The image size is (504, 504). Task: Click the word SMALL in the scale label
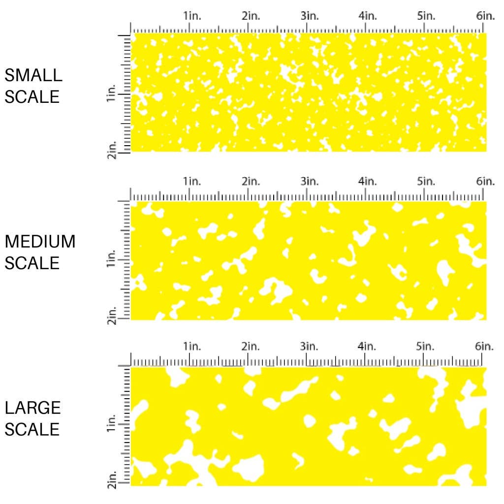[33, 75]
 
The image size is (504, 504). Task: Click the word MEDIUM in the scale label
[40, 242]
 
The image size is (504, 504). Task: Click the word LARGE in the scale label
[33, 408]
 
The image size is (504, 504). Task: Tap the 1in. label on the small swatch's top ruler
[193, 16]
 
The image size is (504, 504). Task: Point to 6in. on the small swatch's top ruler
[485, 16]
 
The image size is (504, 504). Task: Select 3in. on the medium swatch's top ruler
[310, 182]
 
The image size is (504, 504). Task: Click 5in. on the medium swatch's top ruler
[426, 182]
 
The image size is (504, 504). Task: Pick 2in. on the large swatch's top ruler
[251, 347]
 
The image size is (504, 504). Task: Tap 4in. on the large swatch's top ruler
[368, 347]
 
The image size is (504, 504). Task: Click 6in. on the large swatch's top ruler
[485, 347]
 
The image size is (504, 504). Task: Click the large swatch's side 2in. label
[111, 481]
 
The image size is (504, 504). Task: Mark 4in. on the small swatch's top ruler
[368, 16]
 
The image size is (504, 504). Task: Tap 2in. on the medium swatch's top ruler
[251, 182]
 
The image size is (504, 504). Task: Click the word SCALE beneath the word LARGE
[32, 430]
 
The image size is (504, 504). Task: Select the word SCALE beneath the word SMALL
[32, 97]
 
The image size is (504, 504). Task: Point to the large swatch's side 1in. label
[111, 424]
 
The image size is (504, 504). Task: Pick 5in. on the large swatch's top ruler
[426, 347]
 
